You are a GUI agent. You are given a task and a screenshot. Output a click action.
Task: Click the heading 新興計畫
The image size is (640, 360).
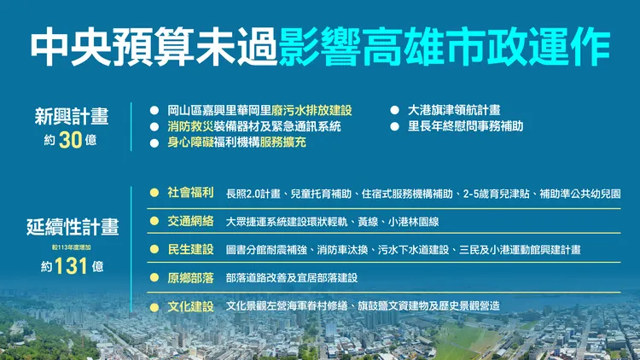pyautogui.click(x=71, y=115)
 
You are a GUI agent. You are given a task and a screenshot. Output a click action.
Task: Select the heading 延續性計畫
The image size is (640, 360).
pyautogui.click(x=73, y=228)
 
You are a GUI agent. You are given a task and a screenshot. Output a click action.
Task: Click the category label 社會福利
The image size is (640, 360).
pyautogui.click(x=191, y=193)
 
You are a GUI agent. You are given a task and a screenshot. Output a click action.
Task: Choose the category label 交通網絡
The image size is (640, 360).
pyautogui.click(x=191, y=221)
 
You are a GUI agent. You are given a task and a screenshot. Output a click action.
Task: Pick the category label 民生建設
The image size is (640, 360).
pyautogui.click(x=191, y=249)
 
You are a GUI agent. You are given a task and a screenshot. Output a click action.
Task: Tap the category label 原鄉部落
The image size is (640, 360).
pyautogui.click(x=191, y=277)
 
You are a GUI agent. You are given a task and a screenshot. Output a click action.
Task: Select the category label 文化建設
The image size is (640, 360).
pyautogui.click(x=191, y=305)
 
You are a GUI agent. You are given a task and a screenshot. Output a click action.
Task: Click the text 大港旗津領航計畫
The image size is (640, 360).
pyautogui.click(x=454, y=110)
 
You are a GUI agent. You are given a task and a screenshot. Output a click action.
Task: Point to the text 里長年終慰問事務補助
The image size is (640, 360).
pyautogui.click(x=465, y=126)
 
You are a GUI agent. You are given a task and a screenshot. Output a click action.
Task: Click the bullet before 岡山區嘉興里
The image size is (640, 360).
pyautogui.click(x=154, y=110)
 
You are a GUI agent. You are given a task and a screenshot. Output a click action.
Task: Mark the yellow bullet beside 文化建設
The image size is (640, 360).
pyautogui.click(x=154, y=306)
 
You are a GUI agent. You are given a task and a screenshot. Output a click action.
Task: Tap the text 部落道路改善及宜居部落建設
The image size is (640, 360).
pyautogui.click(x=291, y=278)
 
